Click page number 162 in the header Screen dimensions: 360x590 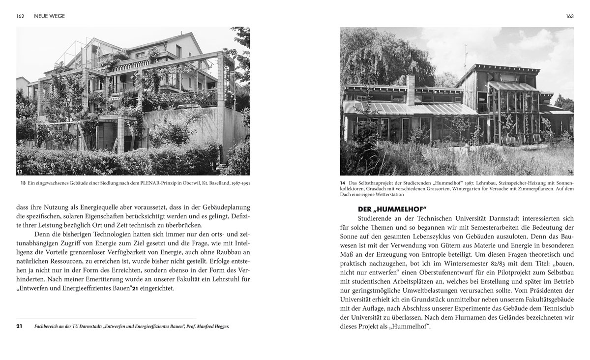point(20,16)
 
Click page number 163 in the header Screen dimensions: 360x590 point(569,16)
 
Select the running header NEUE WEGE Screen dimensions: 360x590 point(50,16)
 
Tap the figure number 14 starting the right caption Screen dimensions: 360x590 point(343,184)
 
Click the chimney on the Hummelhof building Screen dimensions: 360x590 point(411,90)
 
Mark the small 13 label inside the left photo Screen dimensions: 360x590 point(20,172)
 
